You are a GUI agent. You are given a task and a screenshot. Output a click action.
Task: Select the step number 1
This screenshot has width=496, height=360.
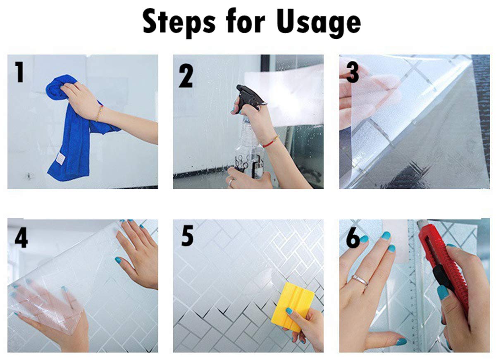pos(19,72)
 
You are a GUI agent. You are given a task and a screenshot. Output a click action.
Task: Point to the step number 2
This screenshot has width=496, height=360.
pos(186,76)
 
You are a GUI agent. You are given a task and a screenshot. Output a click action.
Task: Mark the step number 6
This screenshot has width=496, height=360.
pos(353,238)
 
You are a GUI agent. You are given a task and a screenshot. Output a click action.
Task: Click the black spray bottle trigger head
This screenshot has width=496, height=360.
pos(250,97)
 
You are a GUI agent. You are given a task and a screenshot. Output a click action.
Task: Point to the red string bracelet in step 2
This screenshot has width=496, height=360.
pos(271,141)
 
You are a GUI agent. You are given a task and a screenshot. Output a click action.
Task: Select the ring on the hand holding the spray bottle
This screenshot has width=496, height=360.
pos(231,182)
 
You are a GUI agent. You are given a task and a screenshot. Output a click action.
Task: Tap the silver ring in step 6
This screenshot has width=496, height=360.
pos(360,280)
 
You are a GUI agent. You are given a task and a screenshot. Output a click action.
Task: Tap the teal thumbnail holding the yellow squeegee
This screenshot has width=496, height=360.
pos(289,311)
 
